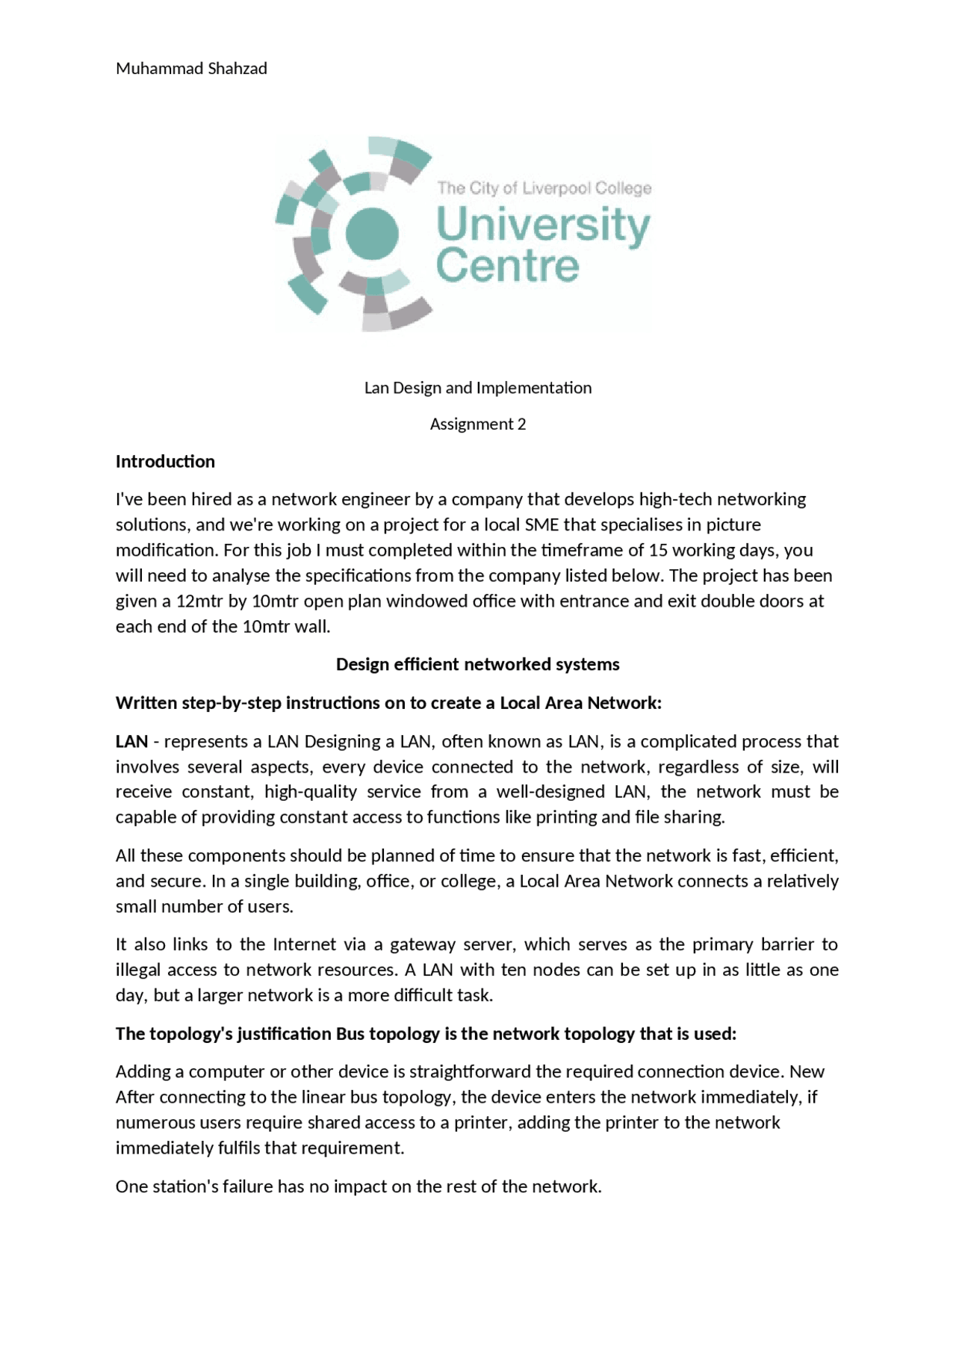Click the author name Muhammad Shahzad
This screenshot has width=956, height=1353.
[191, 69]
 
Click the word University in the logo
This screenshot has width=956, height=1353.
[542, 225]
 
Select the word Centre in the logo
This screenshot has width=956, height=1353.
[507, 266]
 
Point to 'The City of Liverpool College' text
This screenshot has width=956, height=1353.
[544, 188]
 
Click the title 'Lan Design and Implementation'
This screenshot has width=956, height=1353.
[478, 388]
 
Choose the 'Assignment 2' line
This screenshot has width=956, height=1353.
[478, 424]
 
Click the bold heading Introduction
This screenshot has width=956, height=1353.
[165, 462]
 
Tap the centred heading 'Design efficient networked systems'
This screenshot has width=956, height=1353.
[478, 664]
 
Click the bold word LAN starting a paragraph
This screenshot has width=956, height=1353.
[131, 741]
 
